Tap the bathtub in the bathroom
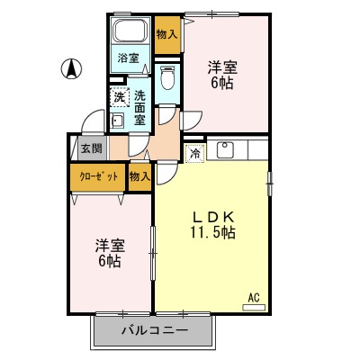(131, 32)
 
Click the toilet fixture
(166, 78)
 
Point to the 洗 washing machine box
(119, 96)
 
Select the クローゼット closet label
(98, 176)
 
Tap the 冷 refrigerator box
(194, 153)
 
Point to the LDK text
(211, 216)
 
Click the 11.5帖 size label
(212, 233)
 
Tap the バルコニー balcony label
(155, 331)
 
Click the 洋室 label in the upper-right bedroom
(223, 67)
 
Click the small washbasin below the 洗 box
(117, 121)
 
